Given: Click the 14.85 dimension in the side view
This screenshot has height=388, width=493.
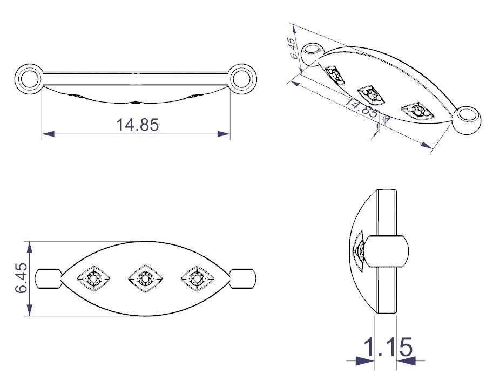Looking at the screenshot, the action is (138, 125).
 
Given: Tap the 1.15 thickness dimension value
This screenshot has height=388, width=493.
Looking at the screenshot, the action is (387, 347).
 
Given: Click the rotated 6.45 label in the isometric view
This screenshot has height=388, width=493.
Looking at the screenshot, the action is (293, 48).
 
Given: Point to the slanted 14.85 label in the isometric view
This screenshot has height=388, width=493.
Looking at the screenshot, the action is (361, 107).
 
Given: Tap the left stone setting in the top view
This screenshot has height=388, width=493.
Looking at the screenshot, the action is (93, 278).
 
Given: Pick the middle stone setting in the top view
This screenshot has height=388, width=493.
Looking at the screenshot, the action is (145, 278).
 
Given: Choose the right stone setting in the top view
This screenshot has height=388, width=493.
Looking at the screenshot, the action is (197, 278).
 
